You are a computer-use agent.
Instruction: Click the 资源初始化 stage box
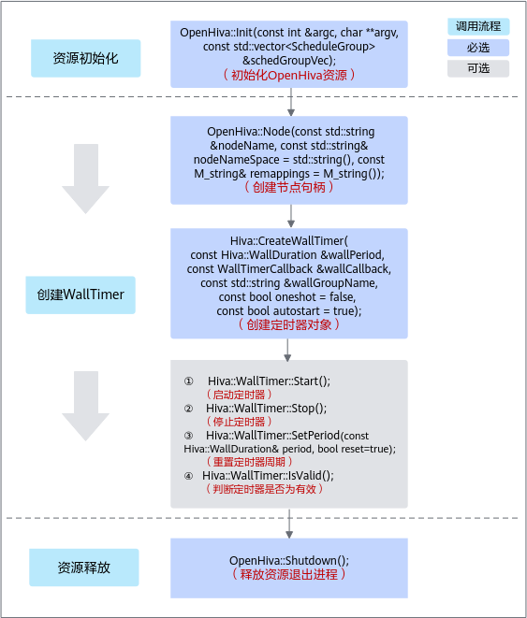click(85, 58)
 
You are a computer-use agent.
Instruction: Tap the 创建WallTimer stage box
click(81, 295)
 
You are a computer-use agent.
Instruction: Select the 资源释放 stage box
click(84, 568)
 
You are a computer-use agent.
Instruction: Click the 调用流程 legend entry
click(478, 26)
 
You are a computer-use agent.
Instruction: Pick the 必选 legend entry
click(478, 48)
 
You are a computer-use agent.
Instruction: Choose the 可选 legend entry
click(478, 68)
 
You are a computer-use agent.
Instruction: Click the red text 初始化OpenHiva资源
click(288, 75)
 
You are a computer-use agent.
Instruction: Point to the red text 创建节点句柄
click(288, 187)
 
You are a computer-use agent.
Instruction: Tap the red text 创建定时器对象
click(288, 324)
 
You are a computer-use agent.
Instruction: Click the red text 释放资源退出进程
click(288, 574)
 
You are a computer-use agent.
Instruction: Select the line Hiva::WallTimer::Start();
click(269, 381)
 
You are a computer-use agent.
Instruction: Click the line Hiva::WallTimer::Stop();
click(266, 409)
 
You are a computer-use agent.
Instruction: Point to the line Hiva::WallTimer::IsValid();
click(268, 476)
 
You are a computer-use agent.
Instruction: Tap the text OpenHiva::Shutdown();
click(289, 560)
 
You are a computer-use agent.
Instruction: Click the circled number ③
click(188, 436)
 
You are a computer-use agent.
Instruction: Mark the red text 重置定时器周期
click(249, 462)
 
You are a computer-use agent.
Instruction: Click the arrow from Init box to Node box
click(291, 102)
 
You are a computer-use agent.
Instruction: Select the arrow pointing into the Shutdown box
click(289, 524)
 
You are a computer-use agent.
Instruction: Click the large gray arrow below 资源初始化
click(85, 179)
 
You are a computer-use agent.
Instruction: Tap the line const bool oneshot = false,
click(287, 296)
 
